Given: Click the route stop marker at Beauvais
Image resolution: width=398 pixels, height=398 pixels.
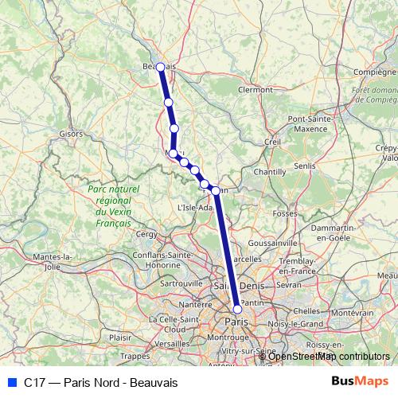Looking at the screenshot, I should pos(161,68).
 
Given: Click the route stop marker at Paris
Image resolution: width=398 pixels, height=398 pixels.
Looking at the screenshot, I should pos(237,309).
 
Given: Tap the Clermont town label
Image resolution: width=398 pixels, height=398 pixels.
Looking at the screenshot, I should pos(255,90).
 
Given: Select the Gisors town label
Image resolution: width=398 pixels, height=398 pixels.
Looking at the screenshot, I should pos(71,134).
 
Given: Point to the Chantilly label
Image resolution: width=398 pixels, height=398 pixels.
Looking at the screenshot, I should pos(269,171).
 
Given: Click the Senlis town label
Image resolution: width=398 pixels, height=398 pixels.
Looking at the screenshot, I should pos(305,166).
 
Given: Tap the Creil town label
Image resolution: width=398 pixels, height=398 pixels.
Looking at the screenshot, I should pos(273,142).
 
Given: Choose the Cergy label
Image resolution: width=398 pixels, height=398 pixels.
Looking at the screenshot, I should pos(147,234).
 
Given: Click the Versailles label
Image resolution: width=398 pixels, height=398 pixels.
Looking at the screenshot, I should pos(174,343).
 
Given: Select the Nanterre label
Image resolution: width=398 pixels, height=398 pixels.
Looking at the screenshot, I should pos(196,304).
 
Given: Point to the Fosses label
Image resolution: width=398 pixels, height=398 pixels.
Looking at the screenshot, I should pos(284,213).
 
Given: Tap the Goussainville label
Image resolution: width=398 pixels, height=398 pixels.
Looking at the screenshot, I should pos(272,242).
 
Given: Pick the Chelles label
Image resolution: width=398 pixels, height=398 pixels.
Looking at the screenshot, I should pos(306,311).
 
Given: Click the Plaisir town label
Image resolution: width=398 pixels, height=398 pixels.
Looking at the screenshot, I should pos(119,337).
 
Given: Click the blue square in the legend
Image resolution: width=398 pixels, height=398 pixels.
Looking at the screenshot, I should pos(11,383).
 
